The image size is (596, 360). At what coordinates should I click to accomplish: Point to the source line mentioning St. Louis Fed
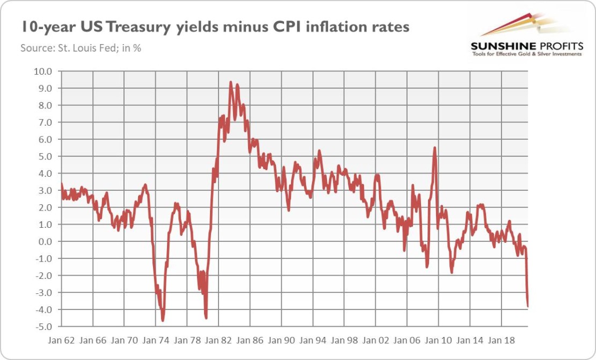pyautogui.click(x=81, y=48)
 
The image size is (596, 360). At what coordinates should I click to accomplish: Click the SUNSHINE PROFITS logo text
pyautogui.click(x=526, y=46)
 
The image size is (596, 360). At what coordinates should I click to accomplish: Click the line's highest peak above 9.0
pyautogui.click(x=230, y=82)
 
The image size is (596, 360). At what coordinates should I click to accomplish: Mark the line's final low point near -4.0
pyautogui.click(x=528, y=306)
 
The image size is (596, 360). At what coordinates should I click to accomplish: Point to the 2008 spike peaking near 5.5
pyautogui.click(x=434, y=148)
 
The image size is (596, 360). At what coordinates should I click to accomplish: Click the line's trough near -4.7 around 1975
pyautogui.click(x=163, y=321)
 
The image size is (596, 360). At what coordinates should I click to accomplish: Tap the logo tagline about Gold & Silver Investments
pyautogui.click(x=526, y=54)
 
